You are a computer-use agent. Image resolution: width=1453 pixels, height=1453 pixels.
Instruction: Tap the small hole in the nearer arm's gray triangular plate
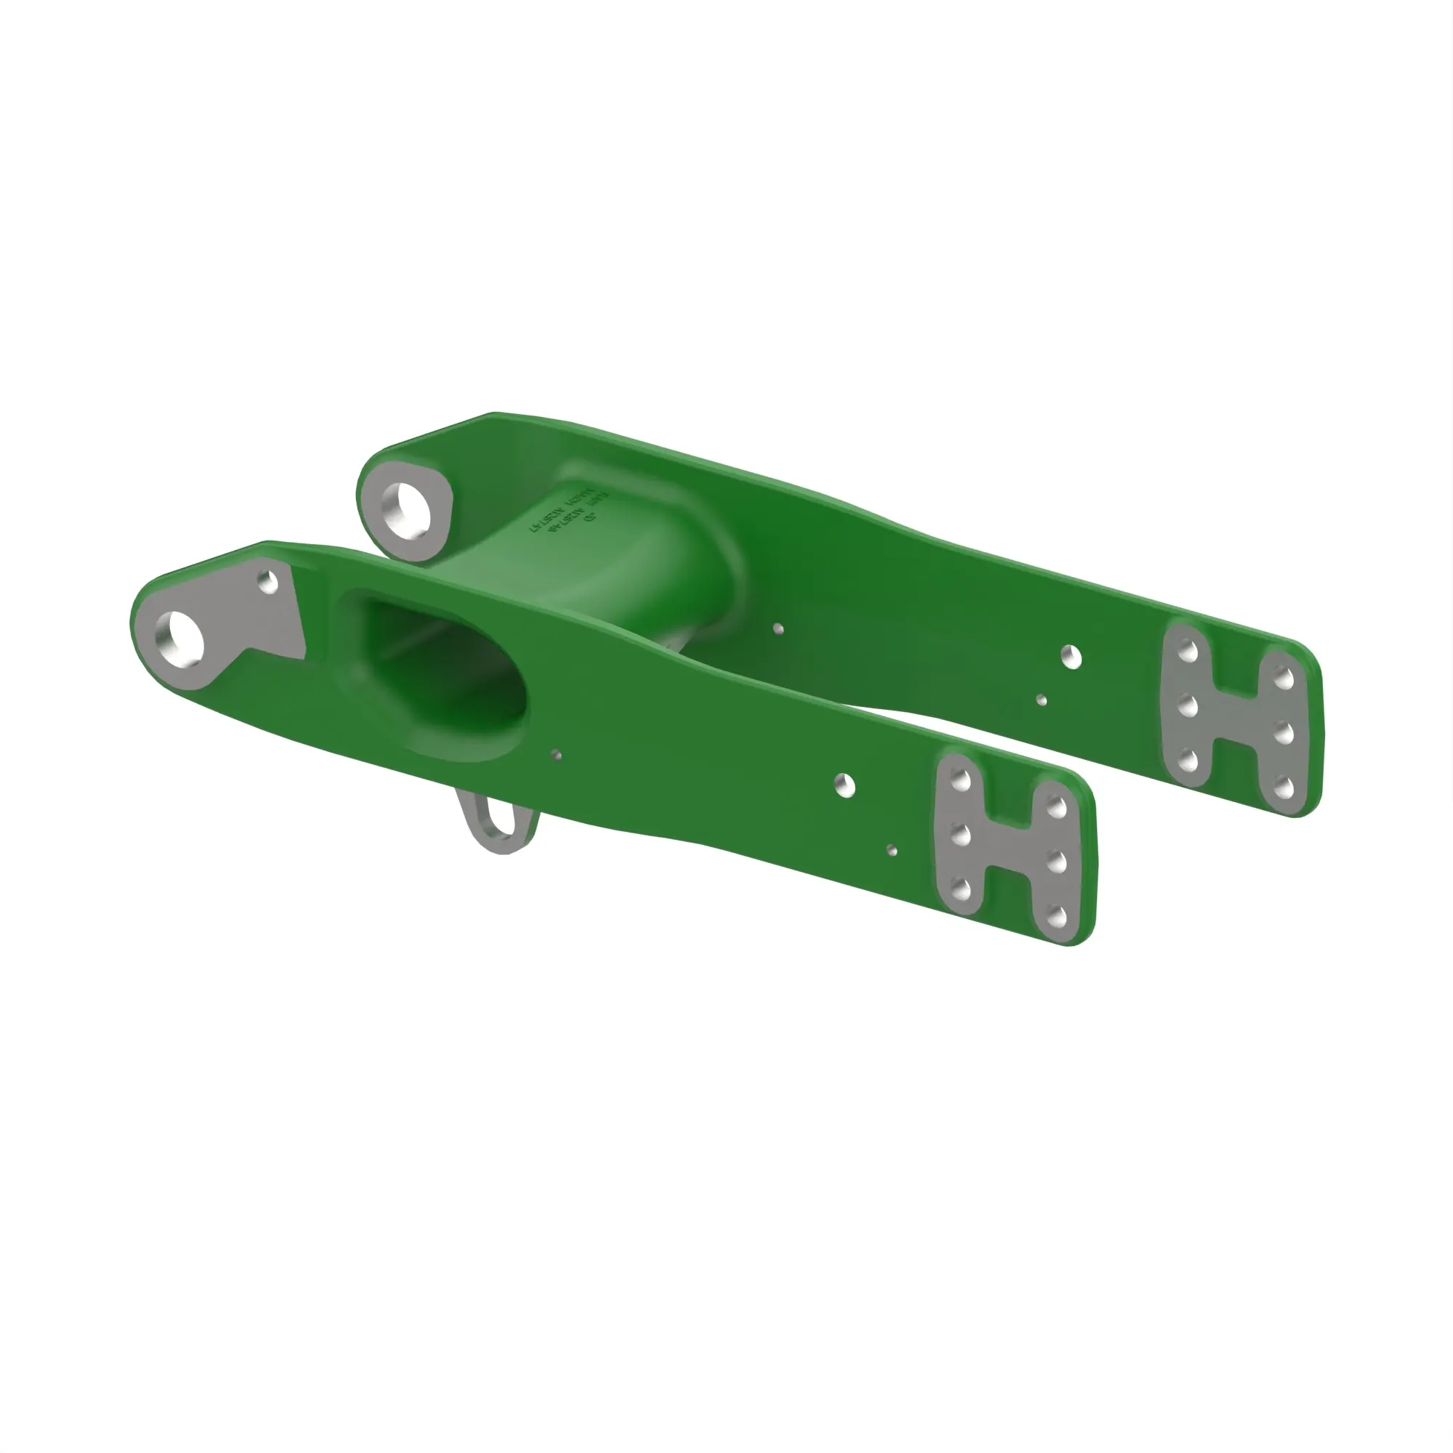pos(269,581)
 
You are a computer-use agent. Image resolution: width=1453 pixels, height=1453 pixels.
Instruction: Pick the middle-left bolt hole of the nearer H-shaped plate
pos(960,835)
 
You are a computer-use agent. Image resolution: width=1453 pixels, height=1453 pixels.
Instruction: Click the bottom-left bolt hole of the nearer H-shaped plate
pos(960,890)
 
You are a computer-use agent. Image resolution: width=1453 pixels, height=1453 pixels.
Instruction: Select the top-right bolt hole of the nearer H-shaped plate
pos(1056,808)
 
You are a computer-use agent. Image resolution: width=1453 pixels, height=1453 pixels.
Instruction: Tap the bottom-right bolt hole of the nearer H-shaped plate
pos(1056,916)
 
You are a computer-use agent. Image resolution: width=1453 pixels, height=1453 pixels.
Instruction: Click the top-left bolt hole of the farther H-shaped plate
pos(1189,651)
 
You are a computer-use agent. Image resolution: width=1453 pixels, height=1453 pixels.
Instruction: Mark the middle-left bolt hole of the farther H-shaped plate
pos(1189,706)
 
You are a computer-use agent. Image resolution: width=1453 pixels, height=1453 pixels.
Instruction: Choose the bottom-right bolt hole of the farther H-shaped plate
pos(1284,788)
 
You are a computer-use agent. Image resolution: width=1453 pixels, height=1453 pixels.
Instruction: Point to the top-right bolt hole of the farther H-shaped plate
pos(1284,679)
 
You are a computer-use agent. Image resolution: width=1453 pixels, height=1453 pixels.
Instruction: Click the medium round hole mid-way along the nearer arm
pos(846,785)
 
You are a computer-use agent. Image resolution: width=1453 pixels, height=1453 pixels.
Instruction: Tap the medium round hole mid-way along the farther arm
pos(1072,657)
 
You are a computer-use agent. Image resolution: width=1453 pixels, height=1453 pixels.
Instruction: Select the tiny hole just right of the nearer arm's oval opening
pos(556,754)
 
